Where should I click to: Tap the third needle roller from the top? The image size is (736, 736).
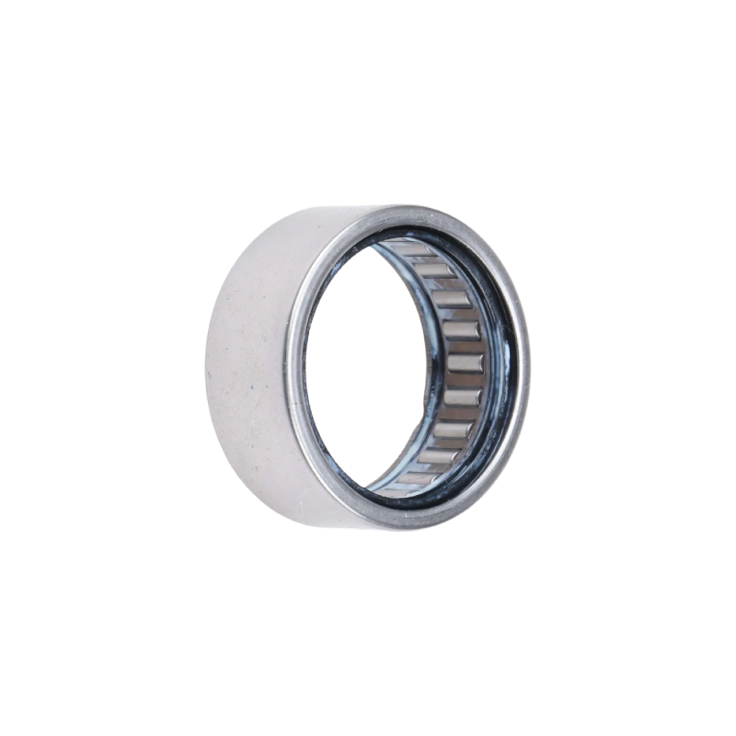click(452, 299)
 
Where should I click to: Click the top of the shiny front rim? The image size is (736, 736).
click(405, 213)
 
